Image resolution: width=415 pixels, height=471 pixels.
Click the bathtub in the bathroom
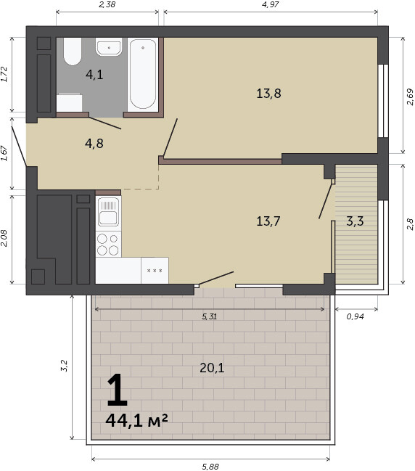point(143,75)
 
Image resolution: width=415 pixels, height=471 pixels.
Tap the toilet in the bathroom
point(73,52)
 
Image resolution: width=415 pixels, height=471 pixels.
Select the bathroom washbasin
point(109,47)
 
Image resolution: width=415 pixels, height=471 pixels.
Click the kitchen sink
point(108,211)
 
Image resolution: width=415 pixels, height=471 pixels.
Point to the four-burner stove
point(108,244)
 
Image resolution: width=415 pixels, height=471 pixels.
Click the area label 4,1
point(94,75)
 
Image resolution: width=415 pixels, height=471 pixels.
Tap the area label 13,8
point(268,94)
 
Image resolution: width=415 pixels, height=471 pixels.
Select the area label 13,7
point(268,221)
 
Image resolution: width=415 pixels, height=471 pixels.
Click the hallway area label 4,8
point(94,144)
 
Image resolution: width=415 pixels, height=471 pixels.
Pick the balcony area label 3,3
point(355,221)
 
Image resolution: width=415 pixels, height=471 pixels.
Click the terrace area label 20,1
point(212,368)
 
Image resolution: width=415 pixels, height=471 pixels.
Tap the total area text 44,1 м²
point(136,420)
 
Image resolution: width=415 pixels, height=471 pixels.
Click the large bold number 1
point(118,390)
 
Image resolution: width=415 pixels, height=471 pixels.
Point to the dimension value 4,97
point(271,4)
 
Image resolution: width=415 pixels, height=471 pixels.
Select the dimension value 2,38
point(107,4)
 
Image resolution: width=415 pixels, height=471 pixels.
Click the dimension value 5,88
point(210,467)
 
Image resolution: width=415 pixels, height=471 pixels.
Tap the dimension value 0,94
point(356,316)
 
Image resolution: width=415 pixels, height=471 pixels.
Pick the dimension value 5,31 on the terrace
point(209,316)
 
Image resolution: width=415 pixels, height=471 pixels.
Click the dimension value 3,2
point(64,366)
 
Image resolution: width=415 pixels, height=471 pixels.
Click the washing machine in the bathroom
point(70,103)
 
